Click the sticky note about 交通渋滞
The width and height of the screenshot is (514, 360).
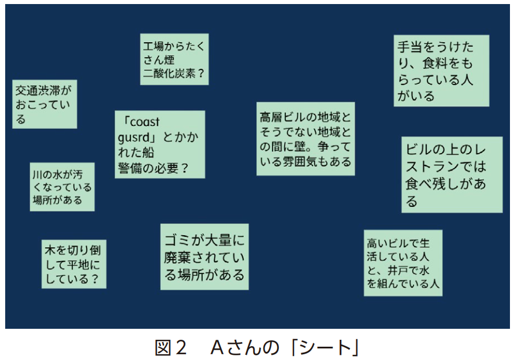click(44, 104)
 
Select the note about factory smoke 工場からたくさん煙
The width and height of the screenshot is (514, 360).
click(174, 59)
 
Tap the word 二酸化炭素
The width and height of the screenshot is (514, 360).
click(169, 73)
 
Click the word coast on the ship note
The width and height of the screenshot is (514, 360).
click(145, 122)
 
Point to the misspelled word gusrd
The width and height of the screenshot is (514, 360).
click(133, 138)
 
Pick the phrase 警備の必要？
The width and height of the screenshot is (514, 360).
click(154, 168)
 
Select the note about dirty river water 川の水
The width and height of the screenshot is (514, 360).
click(62, 187)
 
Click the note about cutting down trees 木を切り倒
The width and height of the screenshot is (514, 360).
click(74, 264)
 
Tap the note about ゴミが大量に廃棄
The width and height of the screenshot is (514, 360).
click(204, 257)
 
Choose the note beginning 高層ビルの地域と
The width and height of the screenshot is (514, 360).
click(306, 139)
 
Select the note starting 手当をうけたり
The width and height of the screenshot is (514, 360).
click(442, 70)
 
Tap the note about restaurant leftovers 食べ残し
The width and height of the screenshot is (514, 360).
click(452, 175)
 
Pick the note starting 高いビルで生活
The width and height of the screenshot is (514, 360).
click(403, 263)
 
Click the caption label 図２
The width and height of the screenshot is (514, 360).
click(171, 347)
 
